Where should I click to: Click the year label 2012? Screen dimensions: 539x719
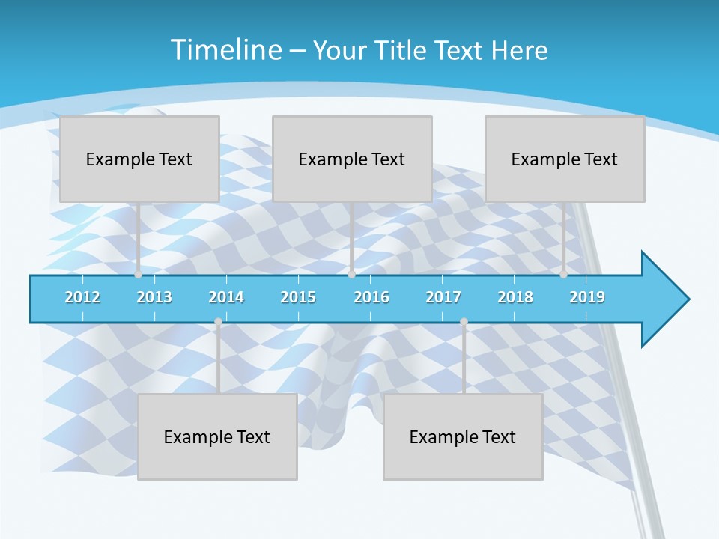[82, 297]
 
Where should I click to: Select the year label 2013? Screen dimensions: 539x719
[154, 297]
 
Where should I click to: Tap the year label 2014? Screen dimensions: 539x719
[226, 297]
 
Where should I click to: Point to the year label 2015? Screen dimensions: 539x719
[298, 297]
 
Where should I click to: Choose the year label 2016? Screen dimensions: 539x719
[371, 297]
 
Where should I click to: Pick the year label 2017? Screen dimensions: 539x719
[443, 297]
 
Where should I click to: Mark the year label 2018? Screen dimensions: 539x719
[515, 297]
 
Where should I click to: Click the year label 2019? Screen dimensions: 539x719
[587, 297]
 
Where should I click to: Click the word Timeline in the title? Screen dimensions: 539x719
[224, 50]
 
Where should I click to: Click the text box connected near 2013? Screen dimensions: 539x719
[139, 159]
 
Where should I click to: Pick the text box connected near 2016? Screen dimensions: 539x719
[352, 159]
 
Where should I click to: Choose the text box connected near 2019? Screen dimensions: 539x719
[565, 159]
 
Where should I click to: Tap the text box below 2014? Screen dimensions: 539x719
[217, 436]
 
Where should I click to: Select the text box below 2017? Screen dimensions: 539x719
[463, 436]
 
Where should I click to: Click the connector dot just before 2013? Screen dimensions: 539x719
[139, 274]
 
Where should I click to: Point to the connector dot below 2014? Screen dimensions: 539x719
[218, 322]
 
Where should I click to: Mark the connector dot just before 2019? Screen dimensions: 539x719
[564, 274]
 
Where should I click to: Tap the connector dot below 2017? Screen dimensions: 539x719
[464, 322]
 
